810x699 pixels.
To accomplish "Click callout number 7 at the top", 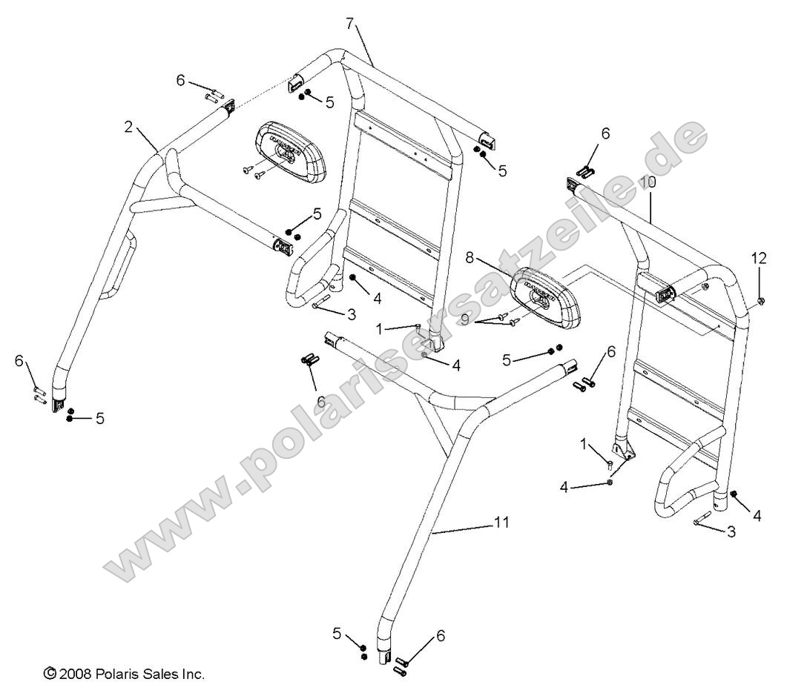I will [349, 22].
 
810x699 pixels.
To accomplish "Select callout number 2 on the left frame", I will [129, 127].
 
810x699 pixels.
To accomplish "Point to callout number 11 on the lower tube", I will [502, 523].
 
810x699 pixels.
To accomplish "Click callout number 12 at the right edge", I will [758, 258].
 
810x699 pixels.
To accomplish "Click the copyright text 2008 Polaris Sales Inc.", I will [125, 675].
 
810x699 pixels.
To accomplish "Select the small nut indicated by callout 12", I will [761, 302].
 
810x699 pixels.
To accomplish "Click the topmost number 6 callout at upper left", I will [180, 79].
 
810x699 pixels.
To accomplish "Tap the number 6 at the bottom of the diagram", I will [441, 635].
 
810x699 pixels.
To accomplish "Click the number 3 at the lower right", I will [731, 531].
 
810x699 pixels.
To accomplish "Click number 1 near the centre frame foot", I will [381, 328].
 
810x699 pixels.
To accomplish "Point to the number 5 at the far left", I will [99, 418].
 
